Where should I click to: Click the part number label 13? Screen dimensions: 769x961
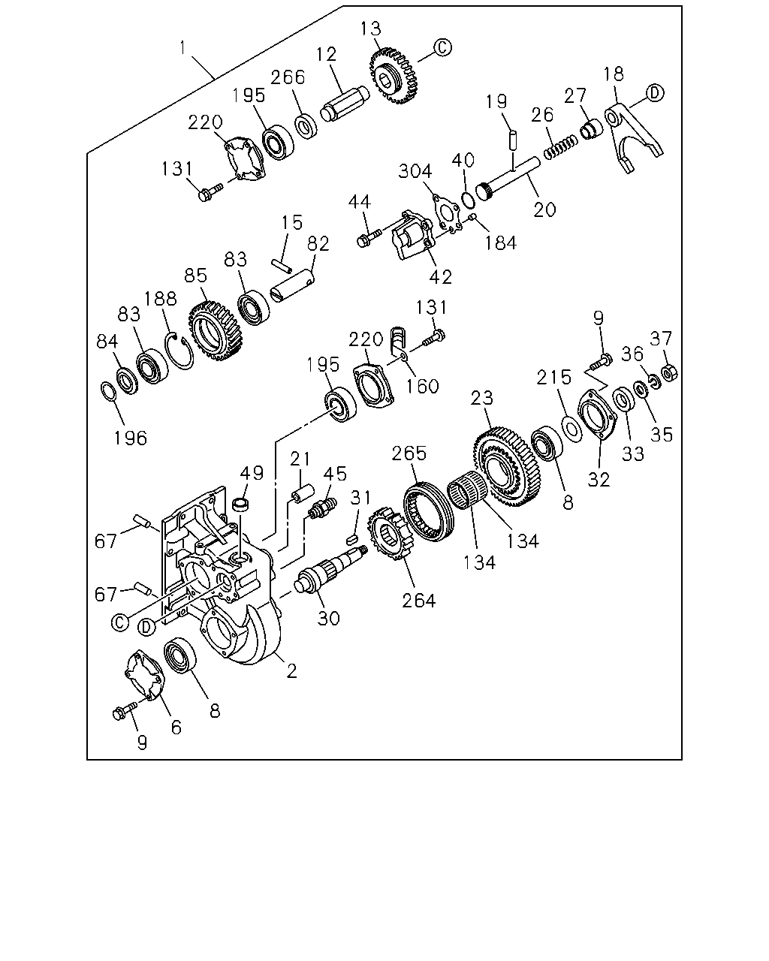point(370,29)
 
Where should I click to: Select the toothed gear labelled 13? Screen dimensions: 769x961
point(394,77)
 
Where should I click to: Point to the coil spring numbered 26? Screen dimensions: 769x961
point(560,147)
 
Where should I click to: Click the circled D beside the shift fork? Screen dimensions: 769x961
point(655,93)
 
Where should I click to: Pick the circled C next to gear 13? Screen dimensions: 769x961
point(442,47)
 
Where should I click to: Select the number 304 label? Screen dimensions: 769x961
point(415,171)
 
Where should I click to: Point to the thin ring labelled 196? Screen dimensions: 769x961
point(109,392)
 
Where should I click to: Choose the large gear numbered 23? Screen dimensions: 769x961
point(507,467)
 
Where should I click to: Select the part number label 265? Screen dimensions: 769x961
point(409,453)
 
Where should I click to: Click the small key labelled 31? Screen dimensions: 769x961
point(352,540)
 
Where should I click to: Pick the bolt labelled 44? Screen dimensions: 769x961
point(369,237)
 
